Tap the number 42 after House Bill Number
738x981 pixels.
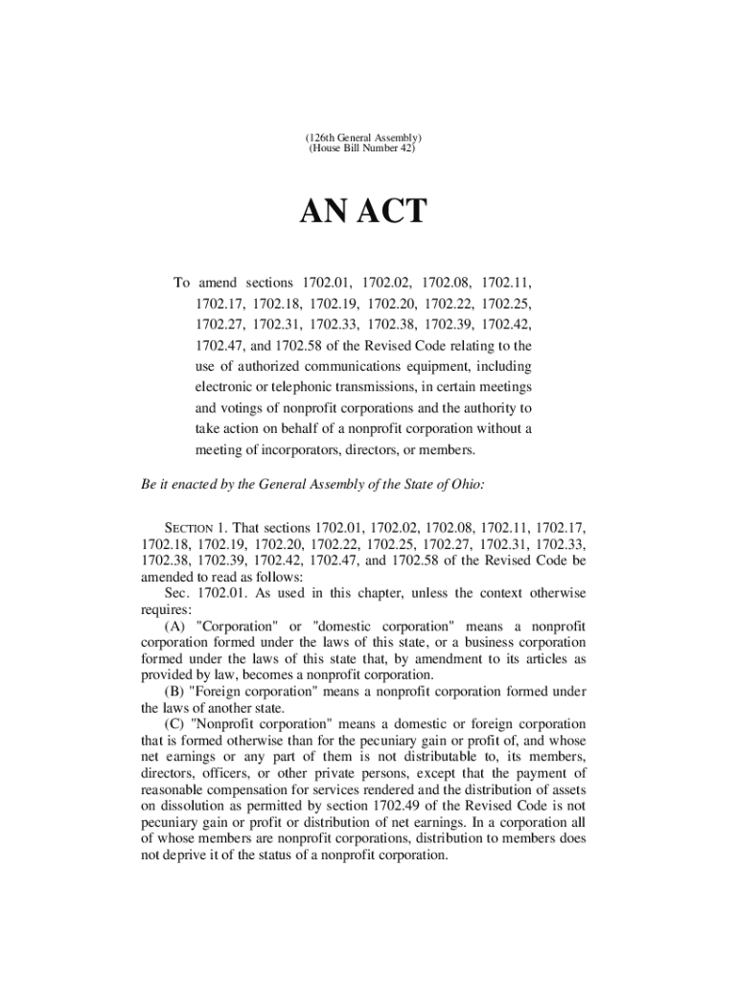click(x=405, y=150)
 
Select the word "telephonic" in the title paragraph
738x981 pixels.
click(x=285, y=387)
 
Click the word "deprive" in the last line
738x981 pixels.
click(x=191, y=856)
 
